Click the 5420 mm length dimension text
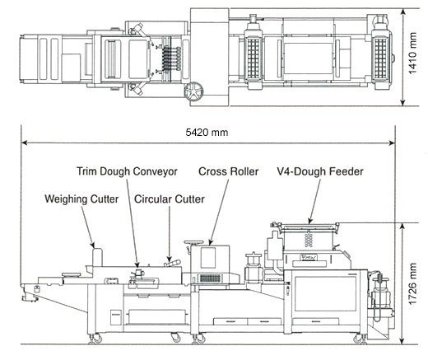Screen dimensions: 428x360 [x=207, y=133]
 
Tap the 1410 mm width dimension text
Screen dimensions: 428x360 [x=412, y=54]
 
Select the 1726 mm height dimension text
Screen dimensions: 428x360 [x=412, y=284]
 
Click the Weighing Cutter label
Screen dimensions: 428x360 [x=81, y=199]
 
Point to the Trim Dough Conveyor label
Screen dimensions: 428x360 [x=127, y=171]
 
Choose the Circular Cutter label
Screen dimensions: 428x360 [x=170, y=199]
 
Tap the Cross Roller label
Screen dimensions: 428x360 [x=228, y=171]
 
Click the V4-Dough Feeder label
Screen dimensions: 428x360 [x=320, y=171]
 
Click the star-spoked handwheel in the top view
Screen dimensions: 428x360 [x=193, y=91]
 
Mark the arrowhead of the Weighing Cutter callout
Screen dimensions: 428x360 [x=93, y=245]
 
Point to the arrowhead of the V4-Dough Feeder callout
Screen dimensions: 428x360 [x=309, y=221]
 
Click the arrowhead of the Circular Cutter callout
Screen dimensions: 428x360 [x=170, y=259]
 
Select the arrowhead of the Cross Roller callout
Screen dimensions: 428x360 [x=210, y=242]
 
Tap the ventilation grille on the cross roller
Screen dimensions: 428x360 [x=210, y=278]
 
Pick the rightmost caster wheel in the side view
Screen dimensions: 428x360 [x=360, y=339]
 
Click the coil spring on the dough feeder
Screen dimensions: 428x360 [x=309, y=239]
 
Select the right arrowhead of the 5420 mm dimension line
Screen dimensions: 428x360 [x=392, y=143]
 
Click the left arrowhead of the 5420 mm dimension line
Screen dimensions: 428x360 [x=25, y=143]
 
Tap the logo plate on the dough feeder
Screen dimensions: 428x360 [x=309, y=257]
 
